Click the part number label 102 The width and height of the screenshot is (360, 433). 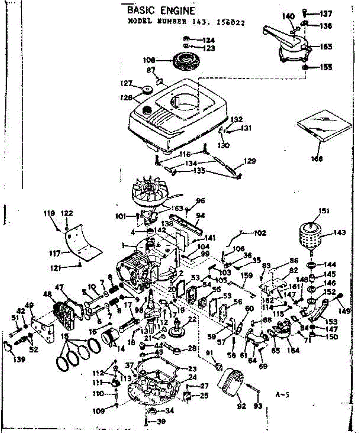pos(260,233)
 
